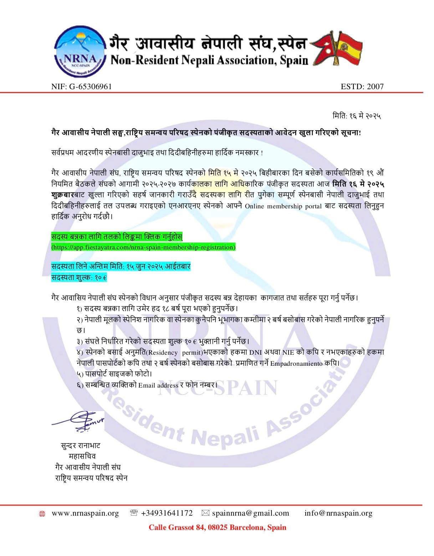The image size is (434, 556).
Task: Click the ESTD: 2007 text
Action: pos(362,86)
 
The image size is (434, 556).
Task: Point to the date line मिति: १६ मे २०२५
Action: pos(357,116)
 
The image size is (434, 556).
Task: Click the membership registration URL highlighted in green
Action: pos(143,247)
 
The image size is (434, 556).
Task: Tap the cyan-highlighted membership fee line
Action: pos(79,277)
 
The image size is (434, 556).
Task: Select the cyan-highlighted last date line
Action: pos(121,267)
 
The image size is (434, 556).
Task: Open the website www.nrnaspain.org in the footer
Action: pos(85,513)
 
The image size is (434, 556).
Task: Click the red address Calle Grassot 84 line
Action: pos(217,527)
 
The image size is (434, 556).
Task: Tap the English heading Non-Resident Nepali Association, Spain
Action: pos(209,60)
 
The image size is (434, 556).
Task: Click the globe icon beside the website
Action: pos(42,514)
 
